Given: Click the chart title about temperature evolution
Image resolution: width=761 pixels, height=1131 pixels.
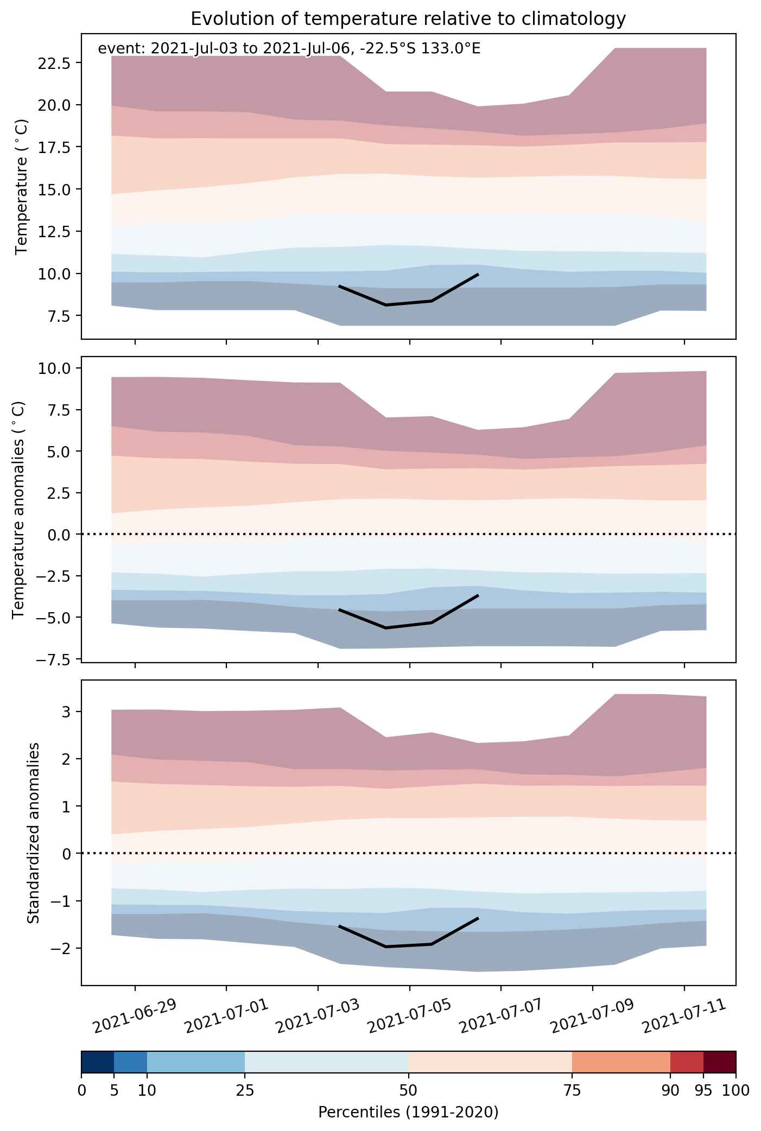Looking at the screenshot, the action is [x=408, y=19].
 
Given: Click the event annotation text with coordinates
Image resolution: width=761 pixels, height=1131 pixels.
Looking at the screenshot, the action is [x=289, y=49].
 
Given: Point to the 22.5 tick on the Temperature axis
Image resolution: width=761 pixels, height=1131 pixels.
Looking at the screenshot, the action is [x=52, y=62].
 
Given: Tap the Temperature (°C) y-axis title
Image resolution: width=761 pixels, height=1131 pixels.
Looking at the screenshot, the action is [x=22, y=187].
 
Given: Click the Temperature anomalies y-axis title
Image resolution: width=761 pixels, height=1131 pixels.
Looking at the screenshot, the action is [x=18, y=509].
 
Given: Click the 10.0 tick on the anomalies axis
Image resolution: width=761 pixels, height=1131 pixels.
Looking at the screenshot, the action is [x=52, y=368].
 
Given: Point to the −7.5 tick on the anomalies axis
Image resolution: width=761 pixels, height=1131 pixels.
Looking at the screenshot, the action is [x=52, y=659].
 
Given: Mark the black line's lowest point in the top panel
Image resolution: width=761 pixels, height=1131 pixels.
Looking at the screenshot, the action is [x=385, y=305].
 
